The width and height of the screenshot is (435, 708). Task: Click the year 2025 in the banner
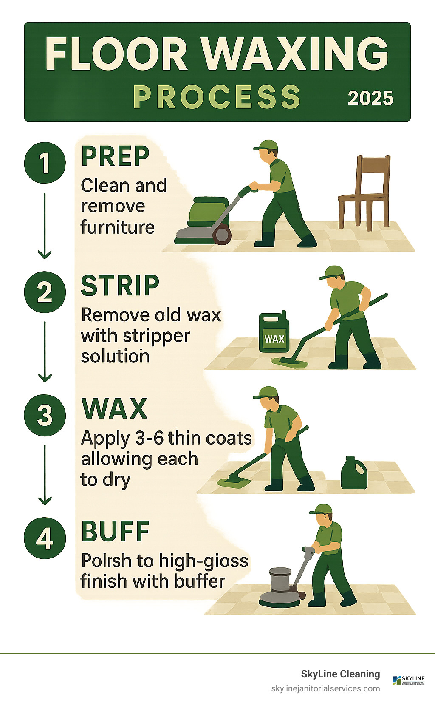[x=370, y=98]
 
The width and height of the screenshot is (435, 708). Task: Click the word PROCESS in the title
[x=217, y=97]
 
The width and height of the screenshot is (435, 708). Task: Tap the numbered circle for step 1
[x=45, y=163]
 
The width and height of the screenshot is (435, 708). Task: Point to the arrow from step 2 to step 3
[x=45, y=352]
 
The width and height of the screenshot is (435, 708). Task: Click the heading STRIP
[x=120, y=286]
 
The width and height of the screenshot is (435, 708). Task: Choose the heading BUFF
[x=115, y=531]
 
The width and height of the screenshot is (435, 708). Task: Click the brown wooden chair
[x=364, y=191]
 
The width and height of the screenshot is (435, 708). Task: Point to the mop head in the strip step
[x=290, y=362]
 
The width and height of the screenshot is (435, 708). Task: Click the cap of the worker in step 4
[x=322, y=509]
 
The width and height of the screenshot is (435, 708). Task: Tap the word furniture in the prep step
[x=118, y=227]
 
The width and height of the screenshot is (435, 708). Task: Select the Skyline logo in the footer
[x=408, y=680]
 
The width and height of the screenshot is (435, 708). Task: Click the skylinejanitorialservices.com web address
[x=325, y=689]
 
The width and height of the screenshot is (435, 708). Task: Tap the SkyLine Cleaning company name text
[x=340, y=674]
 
